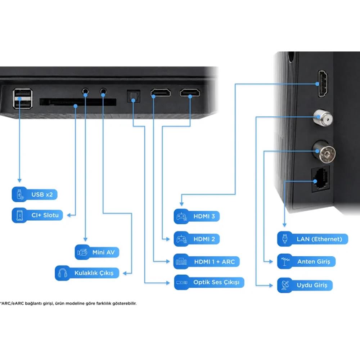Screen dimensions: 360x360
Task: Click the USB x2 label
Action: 35,194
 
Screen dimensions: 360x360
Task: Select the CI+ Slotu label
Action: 37,215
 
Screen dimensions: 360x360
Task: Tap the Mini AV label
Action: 97,252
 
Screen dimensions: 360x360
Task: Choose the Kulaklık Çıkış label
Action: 87,273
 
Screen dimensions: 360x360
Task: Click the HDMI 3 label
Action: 197,216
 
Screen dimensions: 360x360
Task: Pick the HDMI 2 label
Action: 197,239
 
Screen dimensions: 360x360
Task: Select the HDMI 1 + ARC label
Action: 206,261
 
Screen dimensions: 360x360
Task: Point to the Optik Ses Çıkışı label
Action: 209,282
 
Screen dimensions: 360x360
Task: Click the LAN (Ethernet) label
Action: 312,239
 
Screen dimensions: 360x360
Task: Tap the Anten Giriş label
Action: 306,261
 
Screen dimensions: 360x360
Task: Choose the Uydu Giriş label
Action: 305,285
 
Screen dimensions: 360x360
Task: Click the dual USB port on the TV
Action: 22,99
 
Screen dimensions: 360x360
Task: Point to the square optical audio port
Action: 134,96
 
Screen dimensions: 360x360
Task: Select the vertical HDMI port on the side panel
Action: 323,84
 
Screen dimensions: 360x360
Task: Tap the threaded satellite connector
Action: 323,118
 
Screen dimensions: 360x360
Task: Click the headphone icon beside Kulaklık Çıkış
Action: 62,273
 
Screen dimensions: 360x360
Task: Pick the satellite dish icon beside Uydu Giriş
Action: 285,285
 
